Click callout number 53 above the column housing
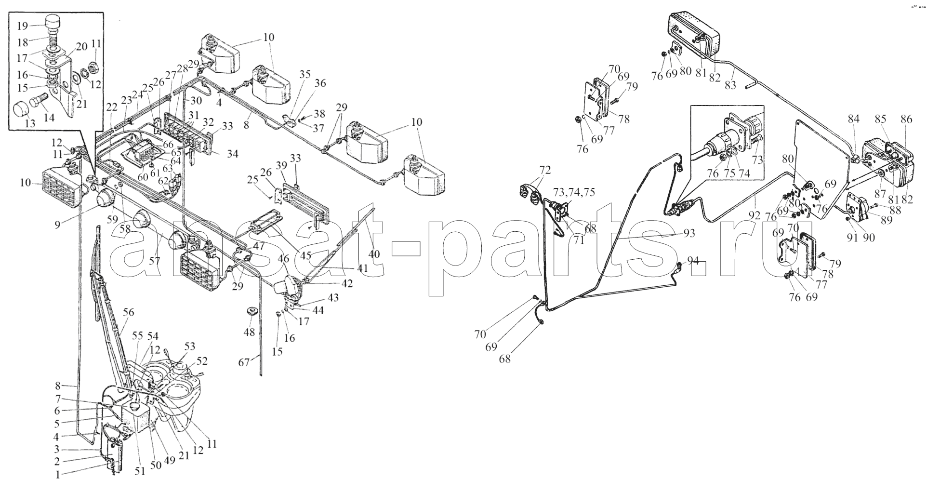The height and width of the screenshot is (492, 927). (190, 346)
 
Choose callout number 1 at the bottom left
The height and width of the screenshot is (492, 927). (58, 475)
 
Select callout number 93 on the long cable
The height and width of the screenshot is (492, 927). (689, 233)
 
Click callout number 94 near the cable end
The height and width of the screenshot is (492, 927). (692, 261)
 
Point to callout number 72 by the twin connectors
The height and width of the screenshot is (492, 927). (544, 170)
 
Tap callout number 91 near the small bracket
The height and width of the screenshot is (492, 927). (853, 237)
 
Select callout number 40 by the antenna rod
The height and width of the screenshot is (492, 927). (373, 253)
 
